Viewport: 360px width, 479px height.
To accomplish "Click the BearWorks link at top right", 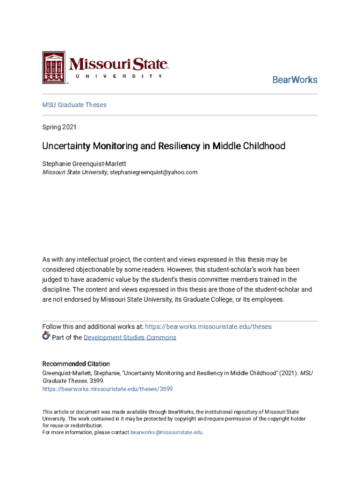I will pyautogui.click(x=295, y=80).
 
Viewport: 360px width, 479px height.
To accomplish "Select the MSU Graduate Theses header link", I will pyautogui.click(x=74, y=105).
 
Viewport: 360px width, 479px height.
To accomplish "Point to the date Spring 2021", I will pyautogui.click(x=59, y=127).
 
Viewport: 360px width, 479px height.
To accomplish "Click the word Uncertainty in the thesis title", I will pyautogui.click(x=65, y=146).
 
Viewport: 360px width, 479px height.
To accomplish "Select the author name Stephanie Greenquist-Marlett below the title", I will pyautogui.click(x=84, y=164).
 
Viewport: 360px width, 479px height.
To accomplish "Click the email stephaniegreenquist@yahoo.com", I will pyautogui.click(x=154, y=172).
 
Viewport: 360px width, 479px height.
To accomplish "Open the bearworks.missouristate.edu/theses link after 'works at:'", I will pyautogui.click(x=208, y=327).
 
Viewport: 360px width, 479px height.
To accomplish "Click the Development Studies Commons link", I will pyautogui.click(x=130, y=338).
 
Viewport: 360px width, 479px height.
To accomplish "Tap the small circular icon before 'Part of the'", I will pyautogui.click(x=46, y=335).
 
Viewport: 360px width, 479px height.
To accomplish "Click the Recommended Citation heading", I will pyautogui.click(x=76, y=364).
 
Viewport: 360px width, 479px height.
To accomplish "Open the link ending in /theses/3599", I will pyautogui.click(x=108, y=389).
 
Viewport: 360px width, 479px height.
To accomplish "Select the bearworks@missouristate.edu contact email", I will pyautogui.click(x=166, y=433).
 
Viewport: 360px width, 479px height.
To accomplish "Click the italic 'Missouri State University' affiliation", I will pyautogui.click(x=75, y=172).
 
